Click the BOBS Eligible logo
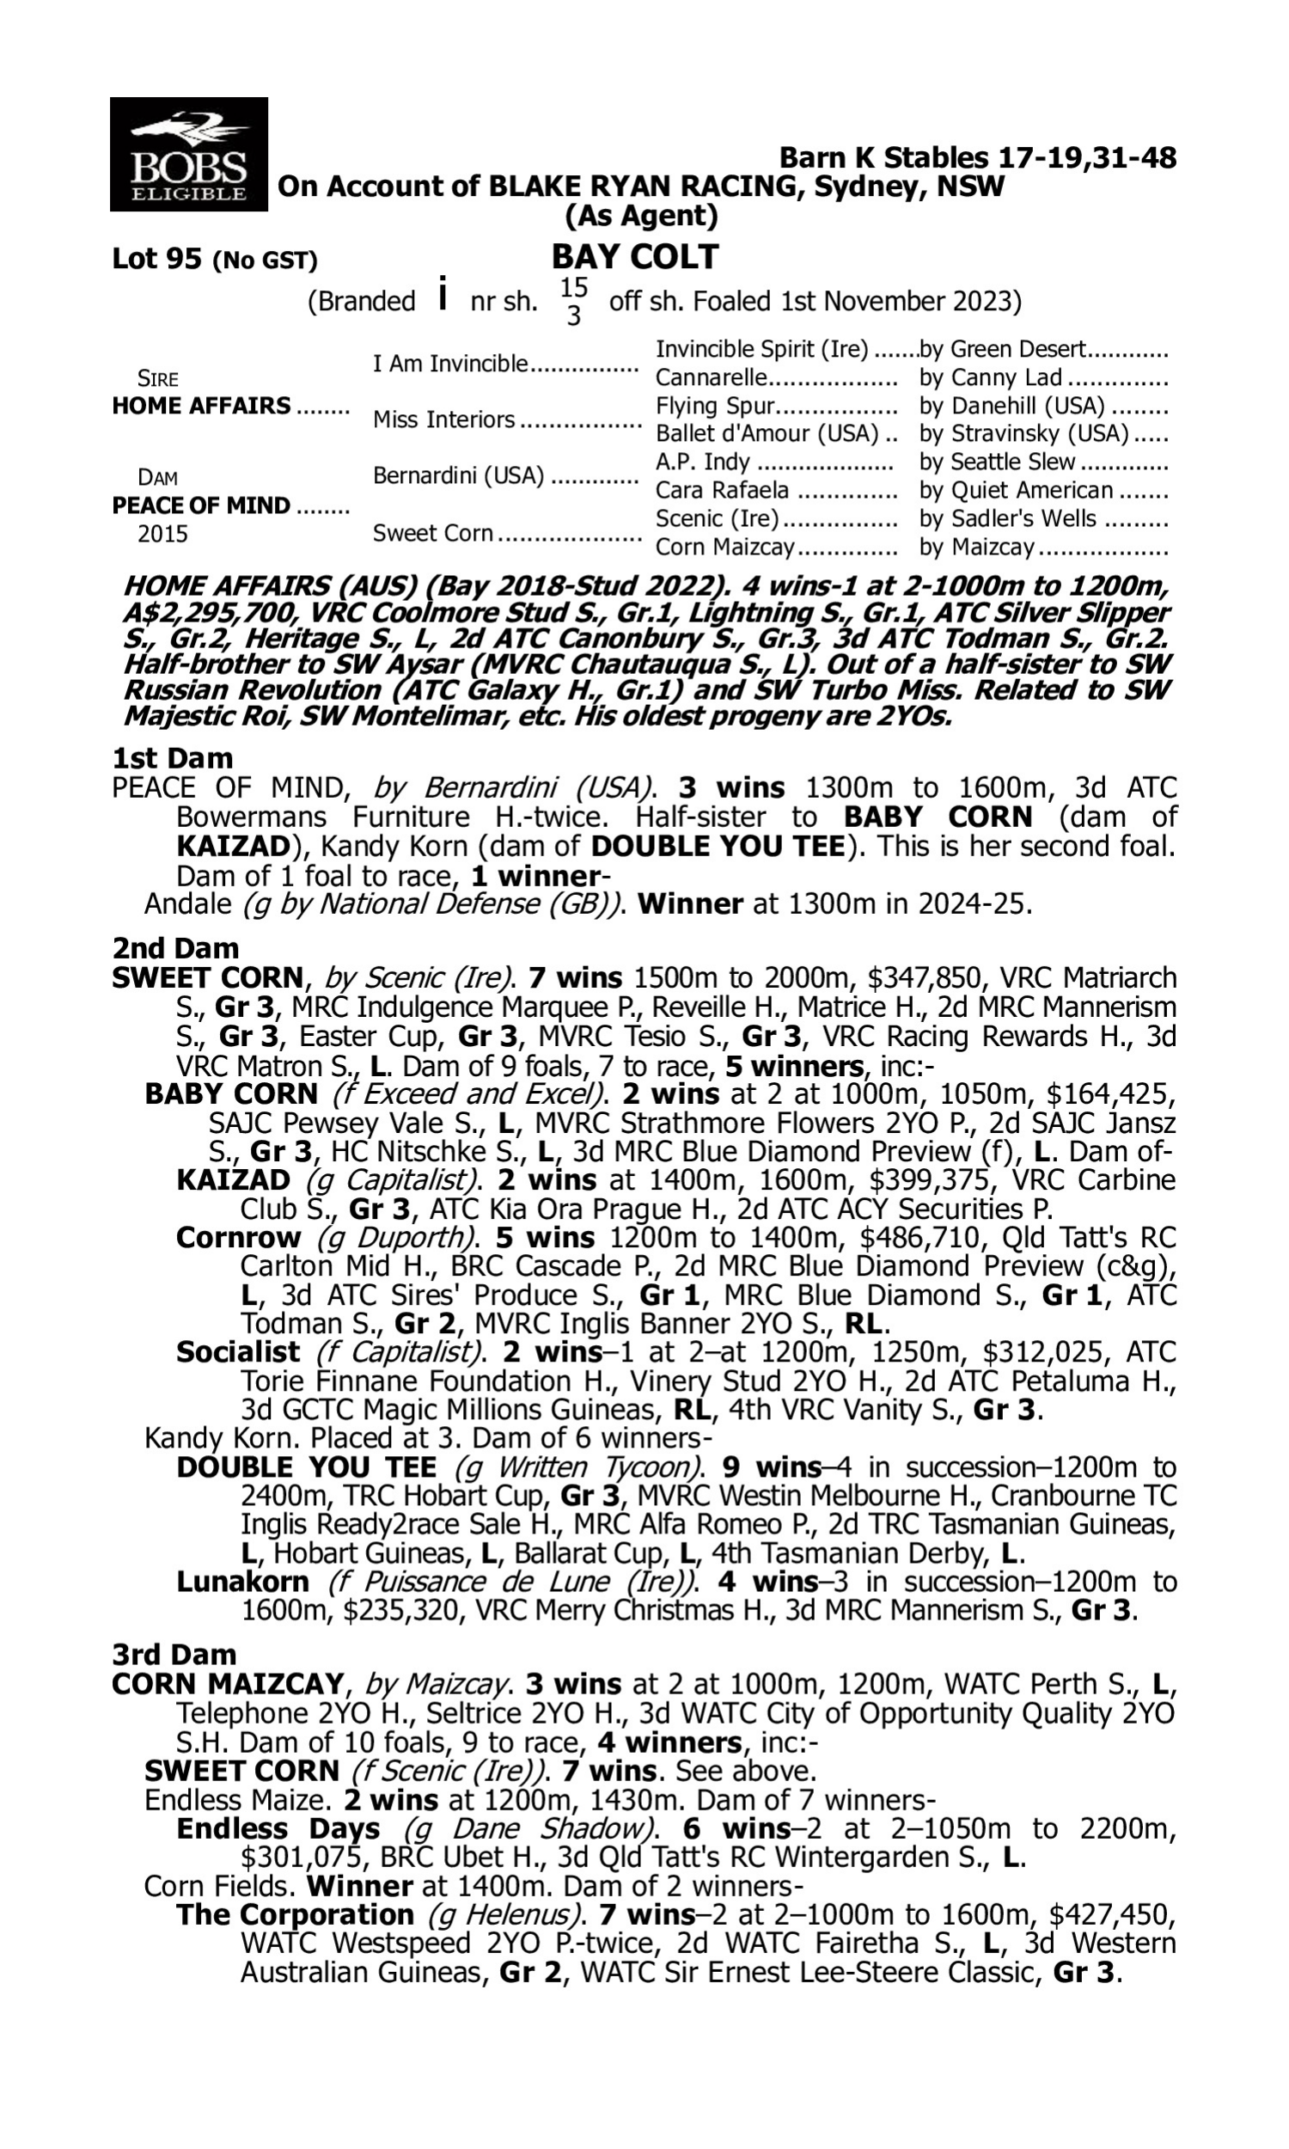point(188,155)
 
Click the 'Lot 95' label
point(157,259)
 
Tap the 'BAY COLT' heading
point(635,257)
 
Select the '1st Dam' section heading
point(172,758)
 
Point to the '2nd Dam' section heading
point(174,947)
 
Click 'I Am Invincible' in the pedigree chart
point(450,363)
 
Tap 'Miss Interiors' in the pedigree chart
point(444,419)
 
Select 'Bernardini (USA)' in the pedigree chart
point(458,476)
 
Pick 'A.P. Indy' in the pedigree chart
point(702,462)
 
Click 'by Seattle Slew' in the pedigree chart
point(997,462)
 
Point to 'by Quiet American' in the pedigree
point(1017,490)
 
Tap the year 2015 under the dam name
point(162,533)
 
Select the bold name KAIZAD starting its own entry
point(233,1179)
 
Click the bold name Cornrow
point(238,1237)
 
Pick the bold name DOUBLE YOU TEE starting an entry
point(306,1467)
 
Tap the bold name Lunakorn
point(242,1582)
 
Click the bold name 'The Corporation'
point(295,1914)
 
